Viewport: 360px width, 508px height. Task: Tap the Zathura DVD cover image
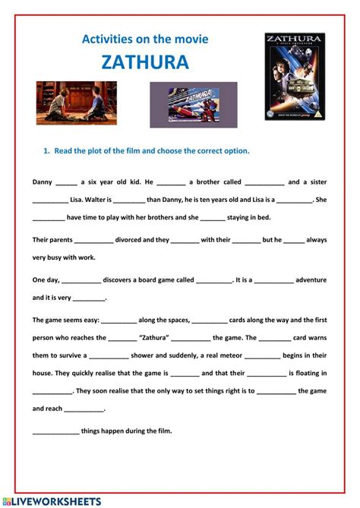pyautogui.click(x=295, y=76)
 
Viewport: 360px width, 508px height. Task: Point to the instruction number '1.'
pyautogui.click(x=46, y=150)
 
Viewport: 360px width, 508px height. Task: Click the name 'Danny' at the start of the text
pyautogui.click(x=42, y=182)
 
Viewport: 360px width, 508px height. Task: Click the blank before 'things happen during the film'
pyautogui.click(x=55, y=431)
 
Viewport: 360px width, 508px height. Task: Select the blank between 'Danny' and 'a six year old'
pyautogui.click(x=66, y=183)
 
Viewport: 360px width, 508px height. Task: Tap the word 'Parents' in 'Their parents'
pyautogui.click(x=67, y=239)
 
